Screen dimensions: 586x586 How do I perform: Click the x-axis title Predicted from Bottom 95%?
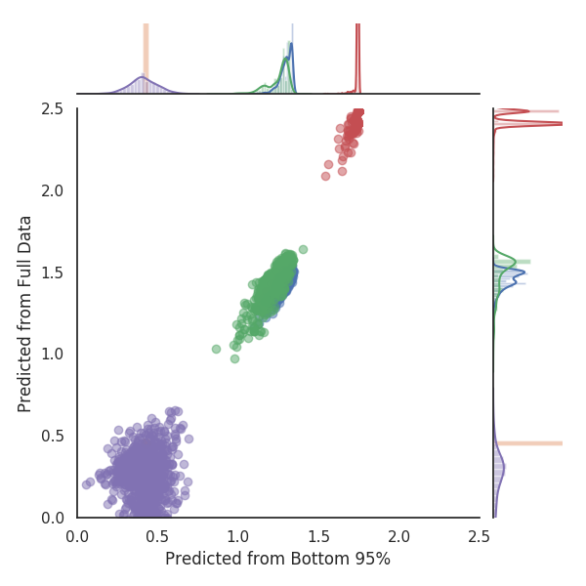(277, 560)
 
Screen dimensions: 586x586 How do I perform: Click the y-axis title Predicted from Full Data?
(26, 313)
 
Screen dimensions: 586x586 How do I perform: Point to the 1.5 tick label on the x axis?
(318, 535)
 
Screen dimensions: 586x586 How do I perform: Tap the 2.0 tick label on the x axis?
(398, 535)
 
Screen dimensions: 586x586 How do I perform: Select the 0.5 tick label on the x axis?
(157, 535)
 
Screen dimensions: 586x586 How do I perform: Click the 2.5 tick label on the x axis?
(479, 535)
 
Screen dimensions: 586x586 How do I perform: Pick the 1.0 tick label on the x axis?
(237, 535)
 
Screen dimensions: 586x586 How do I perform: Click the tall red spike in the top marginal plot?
(358, 49)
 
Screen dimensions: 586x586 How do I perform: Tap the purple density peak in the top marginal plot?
(144, 77)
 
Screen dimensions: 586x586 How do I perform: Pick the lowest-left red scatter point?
(326, 176)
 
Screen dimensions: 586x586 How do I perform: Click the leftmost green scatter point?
(217, 349)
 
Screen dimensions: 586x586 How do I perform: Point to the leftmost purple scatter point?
(86, 484)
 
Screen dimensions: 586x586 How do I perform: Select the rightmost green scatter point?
(303, 249)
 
